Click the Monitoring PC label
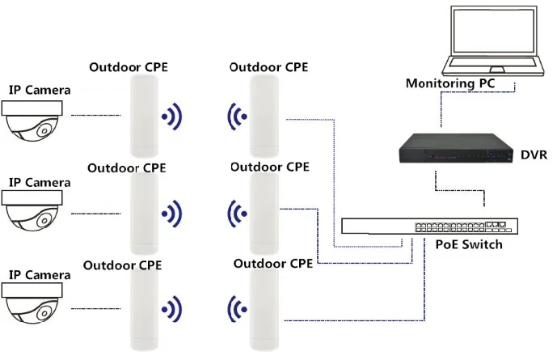tap(449, 83)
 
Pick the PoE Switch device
tap(425, 225)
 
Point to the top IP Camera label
tap(39, 90)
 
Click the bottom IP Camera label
tap(39, 275)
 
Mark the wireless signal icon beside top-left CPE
tap(171, 116)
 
